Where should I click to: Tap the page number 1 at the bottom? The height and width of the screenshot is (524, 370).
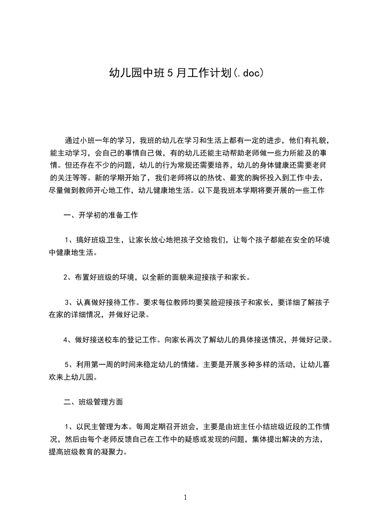[185, 497]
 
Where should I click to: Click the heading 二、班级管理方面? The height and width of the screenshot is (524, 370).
[93, 401]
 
